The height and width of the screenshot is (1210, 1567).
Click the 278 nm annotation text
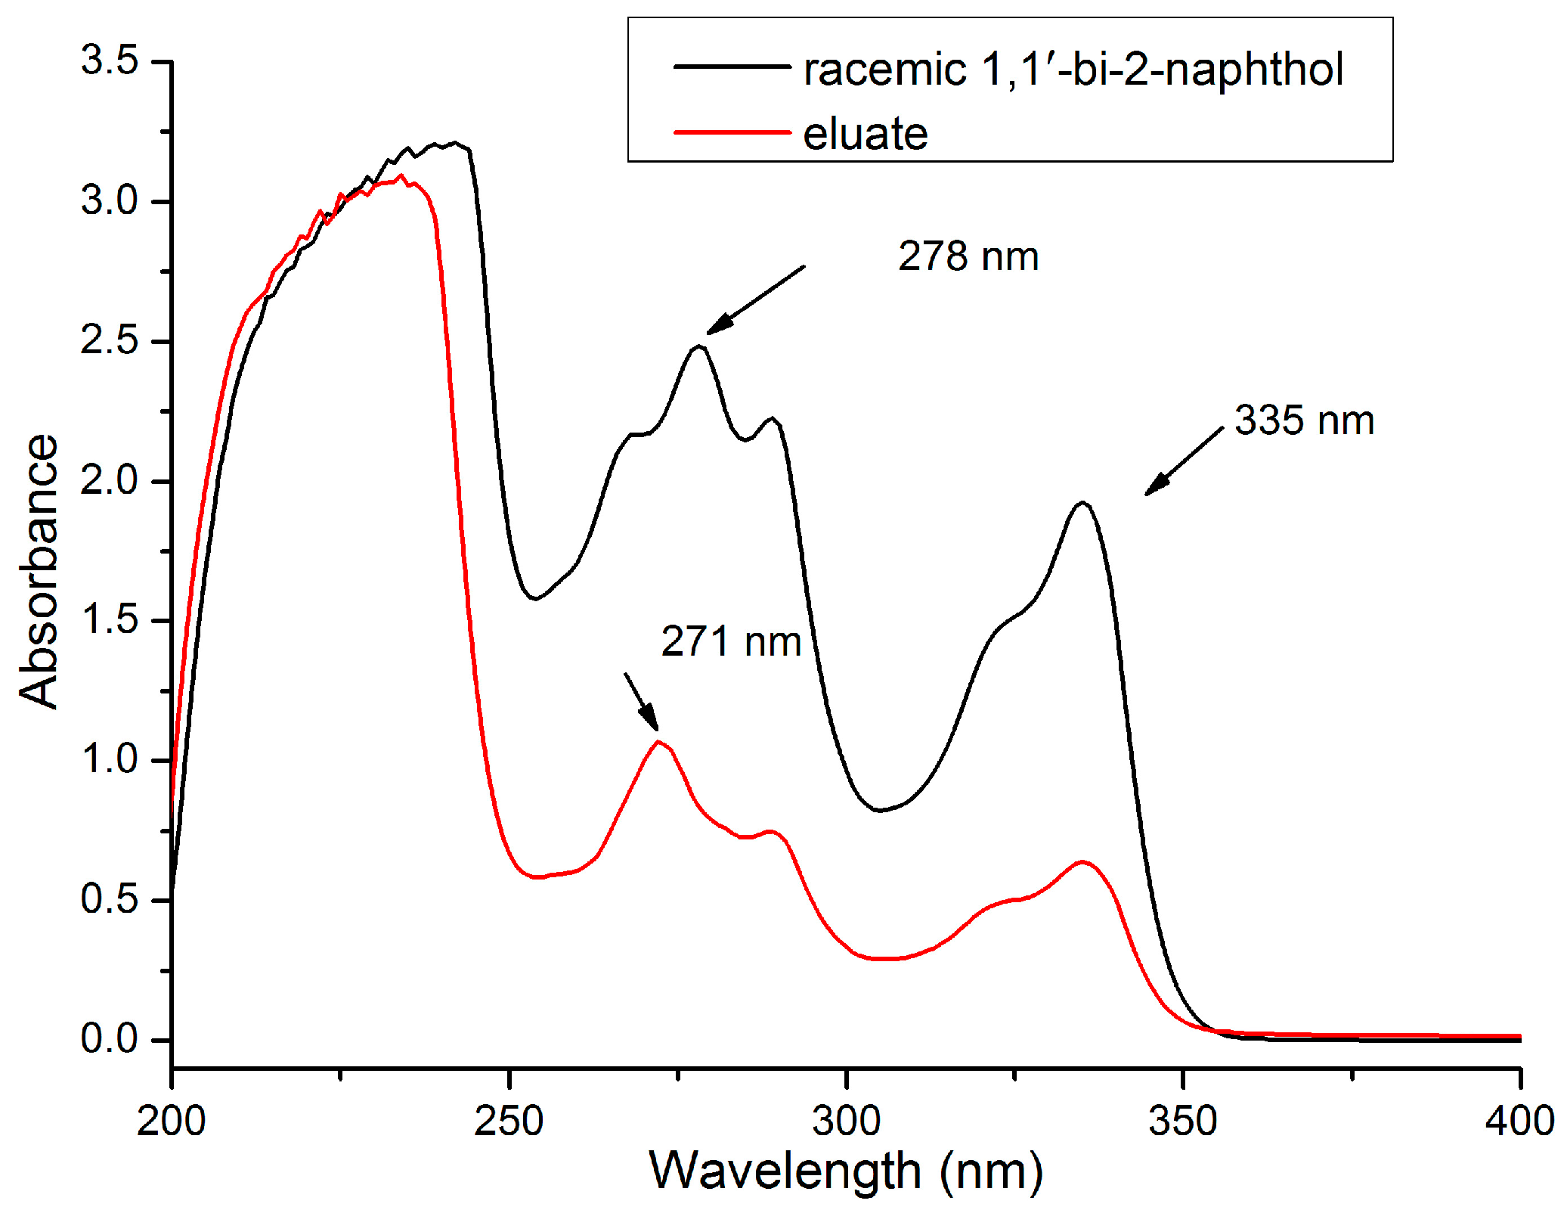pos(968,256)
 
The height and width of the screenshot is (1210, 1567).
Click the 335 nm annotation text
pos(1304,420)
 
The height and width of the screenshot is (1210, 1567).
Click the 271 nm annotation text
pos(731,642)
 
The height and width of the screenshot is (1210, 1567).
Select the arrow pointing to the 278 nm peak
pos(756,299)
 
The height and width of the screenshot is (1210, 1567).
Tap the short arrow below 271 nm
pos(641,702)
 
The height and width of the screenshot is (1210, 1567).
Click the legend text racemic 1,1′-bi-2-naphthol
pos(1073,70)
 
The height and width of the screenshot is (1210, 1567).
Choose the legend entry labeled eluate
pos(865,134)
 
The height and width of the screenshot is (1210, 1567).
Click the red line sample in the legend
pos(732,132)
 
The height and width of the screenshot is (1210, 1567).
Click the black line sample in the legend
pos(732,67)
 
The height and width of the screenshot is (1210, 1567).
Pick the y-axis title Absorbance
pos(38,572)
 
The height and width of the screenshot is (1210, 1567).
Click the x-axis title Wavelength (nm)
pos(846,1171)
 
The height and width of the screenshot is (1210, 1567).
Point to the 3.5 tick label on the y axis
pos(110,60)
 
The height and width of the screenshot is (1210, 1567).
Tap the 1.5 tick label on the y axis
pos(110,620)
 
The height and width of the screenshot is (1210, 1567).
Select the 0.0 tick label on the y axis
pos(110,1039)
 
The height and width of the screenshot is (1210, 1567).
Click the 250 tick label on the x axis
pos(509,1121)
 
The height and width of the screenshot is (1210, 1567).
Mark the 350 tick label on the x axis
pos(1183,1121)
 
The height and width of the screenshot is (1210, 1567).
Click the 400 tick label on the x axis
pos(1519,1121)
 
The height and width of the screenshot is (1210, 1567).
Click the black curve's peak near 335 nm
pos(1082,502)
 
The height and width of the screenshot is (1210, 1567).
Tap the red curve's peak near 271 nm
pos(659,742)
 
